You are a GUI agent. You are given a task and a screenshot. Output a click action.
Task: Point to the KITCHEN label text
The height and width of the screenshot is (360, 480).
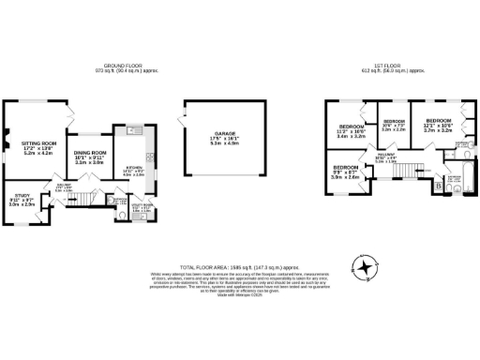[x=133, y=169]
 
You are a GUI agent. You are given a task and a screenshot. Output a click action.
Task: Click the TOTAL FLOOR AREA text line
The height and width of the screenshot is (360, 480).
[x=239, y=265]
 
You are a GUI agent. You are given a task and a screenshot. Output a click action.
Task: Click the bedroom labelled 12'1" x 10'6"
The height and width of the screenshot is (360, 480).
[x=439, y=125]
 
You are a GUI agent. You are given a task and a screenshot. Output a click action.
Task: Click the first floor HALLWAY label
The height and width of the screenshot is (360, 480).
[x=388, y=158]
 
